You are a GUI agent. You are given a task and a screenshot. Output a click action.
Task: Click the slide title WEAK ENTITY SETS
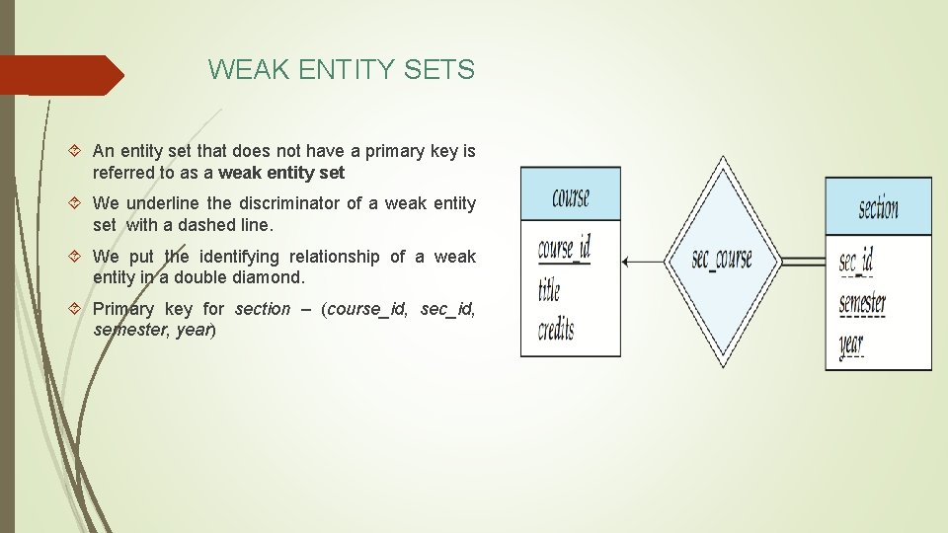coord(341,70)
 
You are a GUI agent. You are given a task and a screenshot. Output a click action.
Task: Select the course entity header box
coord(571,194)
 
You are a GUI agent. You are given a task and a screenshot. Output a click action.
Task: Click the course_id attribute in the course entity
coord(564,250)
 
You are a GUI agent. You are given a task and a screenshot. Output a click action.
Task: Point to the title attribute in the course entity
coord(549,290)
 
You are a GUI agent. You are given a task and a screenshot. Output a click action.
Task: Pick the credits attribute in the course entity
coord(556,330)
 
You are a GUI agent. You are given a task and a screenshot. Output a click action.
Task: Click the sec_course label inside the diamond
coord(722,261)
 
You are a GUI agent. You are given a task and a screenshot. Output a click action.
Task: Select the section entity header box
coord(878,207)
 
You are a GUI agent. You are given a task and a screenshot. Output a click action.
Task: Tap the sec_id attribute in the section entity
coord(856,263)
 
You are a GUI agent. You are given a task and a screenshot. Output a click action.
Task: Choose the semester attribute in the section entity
coord(862,304)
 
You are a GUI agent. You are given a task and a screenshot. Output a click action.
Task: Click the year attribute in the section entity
coord(851,345)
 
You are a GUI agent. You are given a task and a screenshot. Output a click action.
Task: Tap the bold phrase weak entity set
coord(281,173)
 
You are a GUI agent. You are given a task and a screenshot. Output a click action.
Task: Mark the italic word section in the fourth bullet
coord(263,309)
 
